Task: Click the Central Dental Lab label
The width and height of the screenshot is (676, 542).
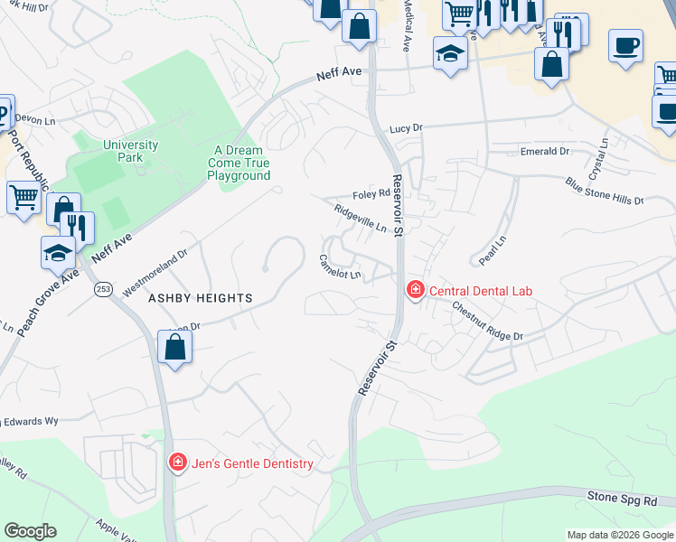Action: pyautogui.click(x=481, y=291)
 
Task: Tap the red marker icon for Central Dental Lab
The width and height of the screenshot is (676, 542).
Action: pyautogui.click(x=415, y=290)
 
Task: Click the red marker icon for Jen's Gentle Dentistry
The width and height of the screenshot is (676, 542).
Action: pyautogui.click(x=178, y=463)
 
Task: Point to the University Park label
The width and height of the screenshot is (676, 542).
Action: pyautogui.click(x=124, y=151)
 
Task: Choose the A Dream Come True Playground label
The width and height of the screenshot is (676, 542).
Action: pyautogui.click(x=239, y=164)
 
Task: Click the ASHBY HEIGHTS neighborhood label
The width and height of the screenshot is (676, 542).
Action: pyautogui.click(x=188, y=297)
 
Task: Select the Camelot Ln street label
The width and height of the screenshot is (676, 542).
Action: pyautogui.click(x=340, y=266)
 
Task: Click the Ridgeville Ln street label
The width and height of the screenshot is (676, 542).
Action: pyautogui.click(x=361, y=218)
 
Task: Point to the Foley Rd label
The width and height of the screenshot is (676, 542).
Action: pyautogui.click(x=371, y=193)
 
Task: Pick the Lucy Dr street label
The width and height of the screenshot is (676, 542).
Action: pyautogui.click(x=406, y=129)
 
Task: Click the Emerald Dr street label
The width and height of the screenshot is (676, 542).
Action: pyautogui.click(x=544, y=152)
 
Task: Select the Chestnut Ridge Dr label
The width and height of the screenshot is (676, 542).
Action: pyautogui.click(x=488, y=321)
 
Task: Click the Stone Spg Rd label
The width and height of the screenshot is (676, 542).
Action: pyautogui.click(x=631, y=497)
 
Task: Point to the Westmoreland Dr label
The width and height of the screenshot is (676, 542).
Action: pyautogui.click(x=155, y=268)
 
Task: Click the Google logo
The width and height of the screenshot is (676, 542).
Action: pyautogui.click(x=30, y=531)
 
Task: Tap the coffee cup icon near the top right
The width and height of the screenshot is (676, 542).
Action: pyautogui.click(x=624, y=45)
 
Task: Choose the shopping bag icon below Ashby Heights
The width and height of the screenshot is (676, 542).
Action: pyautogui.click(x=174, y=347)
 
